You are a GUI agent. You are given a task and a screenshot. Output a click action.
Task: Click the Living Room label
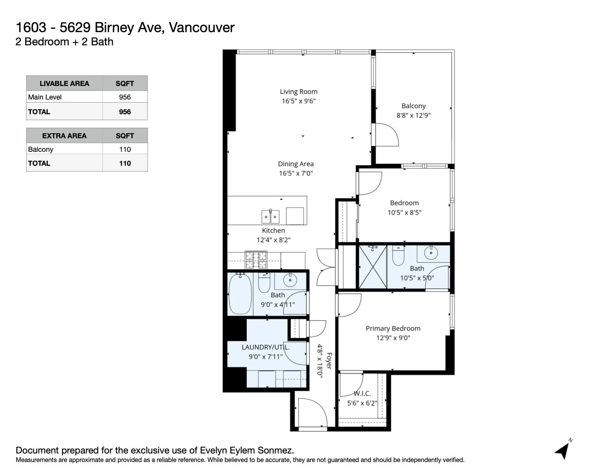298,92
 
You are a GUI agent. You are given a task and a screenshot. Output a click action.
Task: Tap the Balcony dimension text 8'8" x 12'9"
413,115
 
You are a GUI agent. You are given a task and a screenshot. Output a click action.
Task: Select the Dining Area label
296,164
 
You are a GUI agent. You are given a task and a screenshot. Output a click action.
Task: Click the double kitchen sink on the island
270,217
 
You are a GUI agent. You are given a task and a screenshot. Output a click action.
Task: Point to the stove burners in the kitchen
256,260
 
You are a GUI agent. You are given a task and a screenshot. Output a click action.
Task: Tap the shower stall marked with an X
373,267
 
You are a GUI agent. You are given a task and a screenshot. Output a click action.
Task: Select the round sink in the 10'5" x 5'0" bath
431,254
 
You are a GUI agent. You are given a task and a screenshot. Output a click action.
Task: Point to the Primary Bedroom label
393,328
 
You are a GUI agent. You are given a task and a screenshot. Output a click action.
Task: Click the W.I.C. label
362,393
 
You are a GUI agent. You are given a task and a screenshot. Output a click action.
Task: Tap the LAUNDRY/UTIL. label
266,347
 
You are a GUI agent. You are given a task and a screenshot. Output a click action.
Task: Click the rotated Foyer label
329,361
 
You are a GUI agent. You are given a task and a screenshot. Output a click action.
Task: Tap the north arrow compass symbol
563,450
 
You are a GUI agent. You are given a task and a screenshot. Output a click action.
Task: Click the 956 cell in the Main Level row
125,97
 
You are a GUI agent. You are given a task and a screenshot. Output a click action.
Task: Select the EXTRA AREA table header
64,136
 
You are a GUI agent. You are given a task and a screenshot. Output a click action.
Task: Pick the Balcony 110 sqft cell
125,149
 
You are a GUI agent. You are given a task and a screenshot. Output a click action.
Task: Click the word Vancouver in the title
202,27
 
